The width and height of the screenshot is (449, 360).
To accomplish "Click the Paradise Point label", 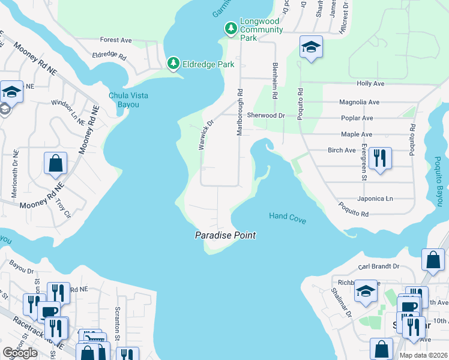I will click(x=226, y=235).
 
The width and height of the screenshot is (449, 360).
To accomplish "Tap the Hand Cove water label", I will click(x=288, y=218).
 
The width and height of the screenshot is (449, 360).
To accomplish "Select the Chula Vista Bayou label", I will click(x=128, y=100).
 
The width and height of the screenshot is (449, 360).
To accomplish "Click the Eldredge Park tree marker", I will click(x=173, y=63).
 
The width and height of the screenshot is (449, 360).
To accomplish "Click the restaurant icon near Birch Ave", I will click(x=380, y=158).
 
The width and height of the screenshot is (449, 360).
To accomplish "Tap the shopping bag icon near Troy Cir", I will click(x=55, y=163).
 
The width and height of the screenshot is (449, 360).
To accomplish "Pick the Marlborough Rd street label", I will click(x=240, y=113).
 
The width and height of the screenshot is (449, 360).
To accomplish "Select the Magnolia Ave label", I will click(x=360, y=103).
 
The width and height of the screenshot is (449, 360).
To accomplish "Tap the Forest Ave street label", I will click(x=116, y=40).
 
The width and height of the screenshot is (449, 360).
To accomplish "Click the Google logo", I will click(x=20, y=353).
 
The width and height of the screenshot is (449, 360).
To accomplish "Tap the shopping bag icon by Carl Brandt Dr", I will click(x=433, y=260).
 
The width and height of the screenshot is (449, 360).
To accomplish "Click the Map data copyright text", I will click(x=423, y=355).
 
